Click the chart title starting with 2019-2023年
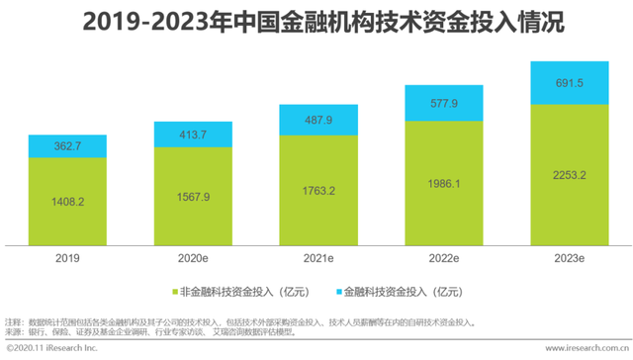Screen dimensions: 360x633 [316, 22]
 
